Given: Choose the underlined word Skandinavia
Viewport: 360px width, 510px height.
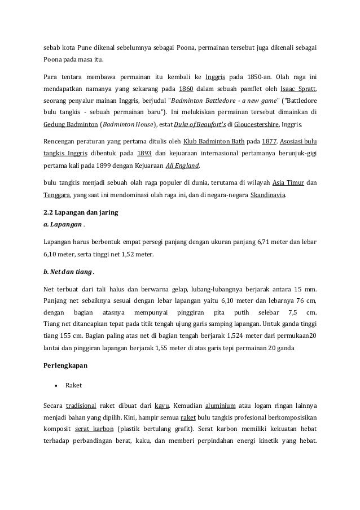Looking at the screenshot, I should pyautogui.click(x=267, y=196).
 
